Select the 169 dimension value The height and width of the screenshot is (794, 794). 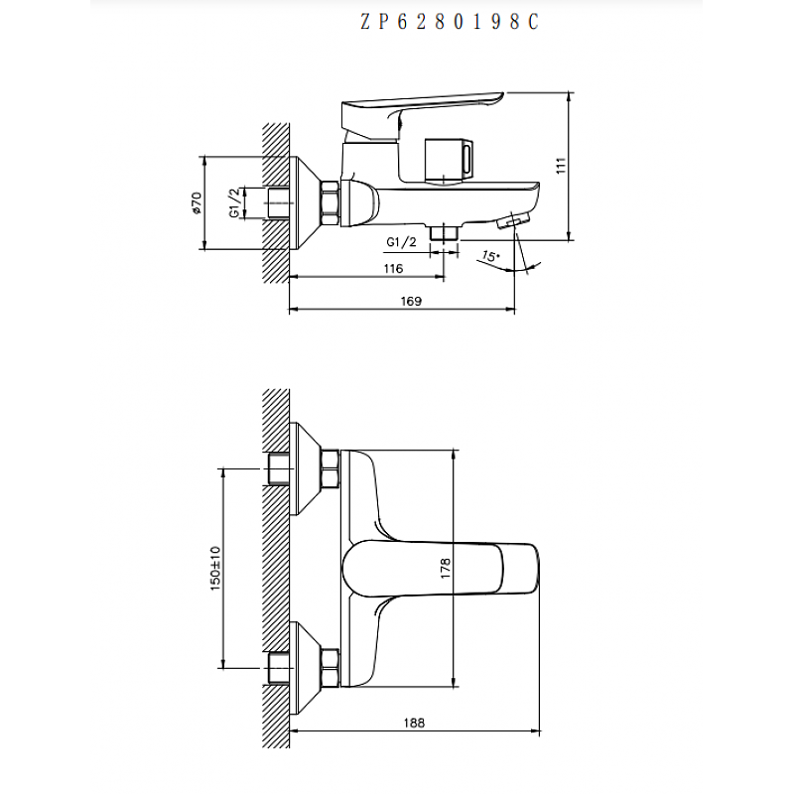click(x=411, y=301)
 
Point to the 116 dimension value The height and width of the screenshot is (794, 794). click(x=392, y=269)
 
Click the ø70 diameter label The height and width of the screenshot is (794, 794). click(x=198, y=202)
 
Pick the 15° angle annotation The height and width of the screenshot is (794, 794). click(x=489, y=256)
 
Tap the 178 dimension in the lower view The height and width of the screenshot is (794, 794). click(x=446, y=568)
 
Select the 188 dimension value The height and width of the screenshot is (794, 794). click(x=415, y=724)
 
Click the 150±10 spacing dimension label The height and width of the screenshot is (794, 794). click(x=215, y=568)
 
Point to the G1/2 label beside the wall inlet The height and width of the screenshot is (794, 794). click(x=235, y=202)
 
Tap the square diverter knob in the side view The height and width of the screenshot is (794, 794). click(x=449, y=159)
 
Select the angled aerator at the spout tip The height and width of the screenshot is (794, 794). click(x=515, y=219)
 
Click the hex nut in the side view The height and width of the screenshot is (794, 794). click(x=331, y=202)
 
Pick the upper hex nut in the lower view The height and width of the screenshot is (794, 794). click(x=330, y=467)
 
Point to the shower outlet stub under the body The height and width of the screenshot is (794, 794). click(x=444, y=231)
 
